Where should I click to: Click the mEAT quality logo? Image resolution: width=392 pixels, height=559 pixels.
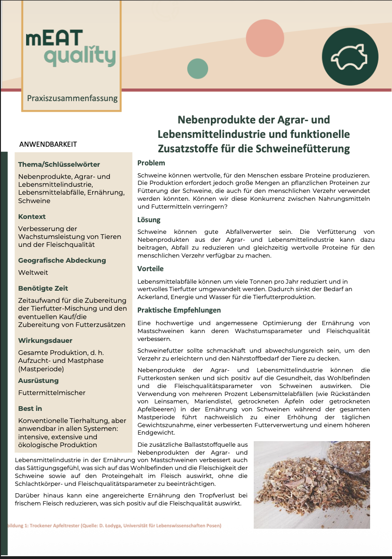click(x=70, y=48)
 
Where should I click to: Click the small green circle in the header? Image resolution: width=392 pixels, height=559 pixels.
click(x=197, y=68)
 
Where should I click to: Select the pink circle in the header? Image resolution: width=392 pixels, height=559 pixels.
click(x=264, y=38)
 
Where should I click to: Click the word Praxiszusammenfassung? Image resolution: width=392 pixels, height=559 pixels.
click(x=72, y=98)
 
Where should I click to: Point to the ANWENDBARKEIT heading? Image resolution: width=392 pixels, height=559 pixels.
click(x=48, y=144)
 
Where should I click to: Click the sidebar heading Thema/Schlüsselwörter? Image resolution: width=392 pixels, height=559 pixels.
click(x=59, y=164)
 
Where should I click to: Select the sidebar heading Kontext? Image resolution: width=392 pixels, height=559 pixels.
click(x=32, y=217)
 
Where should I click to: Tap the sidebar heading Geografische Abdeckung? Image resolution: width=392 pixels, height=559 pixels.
click(x=62, y=260)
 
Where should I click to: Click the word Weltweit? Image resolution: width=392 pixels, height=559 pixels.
click(x=33, y=273)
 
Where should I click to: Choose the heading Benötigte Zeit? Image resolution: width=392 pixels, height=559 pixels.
click(x=43, y=288)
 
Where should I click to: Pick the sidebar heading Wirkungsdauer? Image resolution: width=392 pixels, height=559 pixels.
click(x=45, y=341)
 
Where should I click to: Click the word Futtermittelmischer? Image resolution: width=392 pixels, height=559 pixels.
click(x=52, y=393)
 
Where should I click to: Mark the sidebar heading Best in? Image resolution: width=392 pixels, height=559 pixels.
click(x=30, y=409)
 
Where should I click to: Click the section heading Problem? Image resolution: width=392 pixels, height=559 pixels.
click(x=151, y=163)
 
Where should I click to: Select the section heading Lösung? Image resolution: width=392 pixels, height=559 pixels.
click(x=149, y=219)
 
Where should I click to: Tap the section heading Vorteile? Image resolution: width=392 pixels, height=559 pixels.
click(x=150, y=269)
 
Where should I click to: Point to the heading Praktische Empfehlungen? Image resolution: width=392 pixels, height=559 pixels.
click(x=179, y=310)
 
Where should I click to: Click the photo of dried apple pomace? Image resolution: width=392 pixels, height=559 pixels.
click(x=311, y=484)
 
